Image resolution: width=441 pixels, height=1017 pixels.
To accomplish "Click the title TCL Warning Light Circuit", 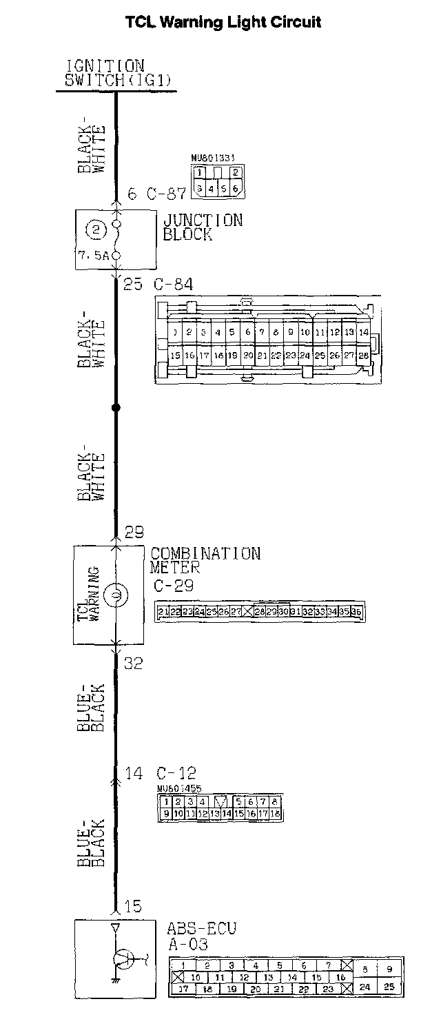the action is point(223,22).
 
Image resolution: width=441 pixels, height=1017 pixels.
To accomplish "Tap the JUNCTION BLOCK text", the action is point(203,227).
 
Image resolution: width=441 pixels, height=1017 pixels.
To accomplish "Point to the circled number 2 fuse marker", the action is point(97,229).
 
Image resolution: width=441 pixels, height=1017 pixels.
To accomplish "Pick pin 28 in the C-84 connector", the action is point(364,356).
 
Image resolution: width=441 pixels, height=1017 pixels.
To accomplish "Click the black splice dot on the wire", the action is point(116,408).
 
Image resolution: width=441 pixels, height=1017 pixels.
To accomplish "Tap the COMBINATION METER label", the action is point(205,559).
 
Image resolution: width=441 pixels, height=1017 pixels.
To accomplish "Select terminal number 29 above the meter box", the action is point(133,532).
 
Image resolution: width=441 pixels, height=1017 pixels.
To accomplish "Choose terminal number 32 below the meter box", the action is point(133,663).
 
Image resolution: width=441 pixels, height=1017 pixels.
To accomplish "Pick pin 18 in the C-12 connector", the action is point(275,814).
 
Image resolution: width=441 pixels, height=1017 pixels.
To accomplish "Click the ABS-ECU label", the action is point(201,928).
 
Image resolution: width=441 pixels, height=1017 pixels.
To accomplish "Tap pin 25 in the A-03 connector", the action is point(389,987).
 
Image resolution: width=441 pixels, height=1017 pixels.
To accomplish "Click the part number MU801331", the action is point(212,157).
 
